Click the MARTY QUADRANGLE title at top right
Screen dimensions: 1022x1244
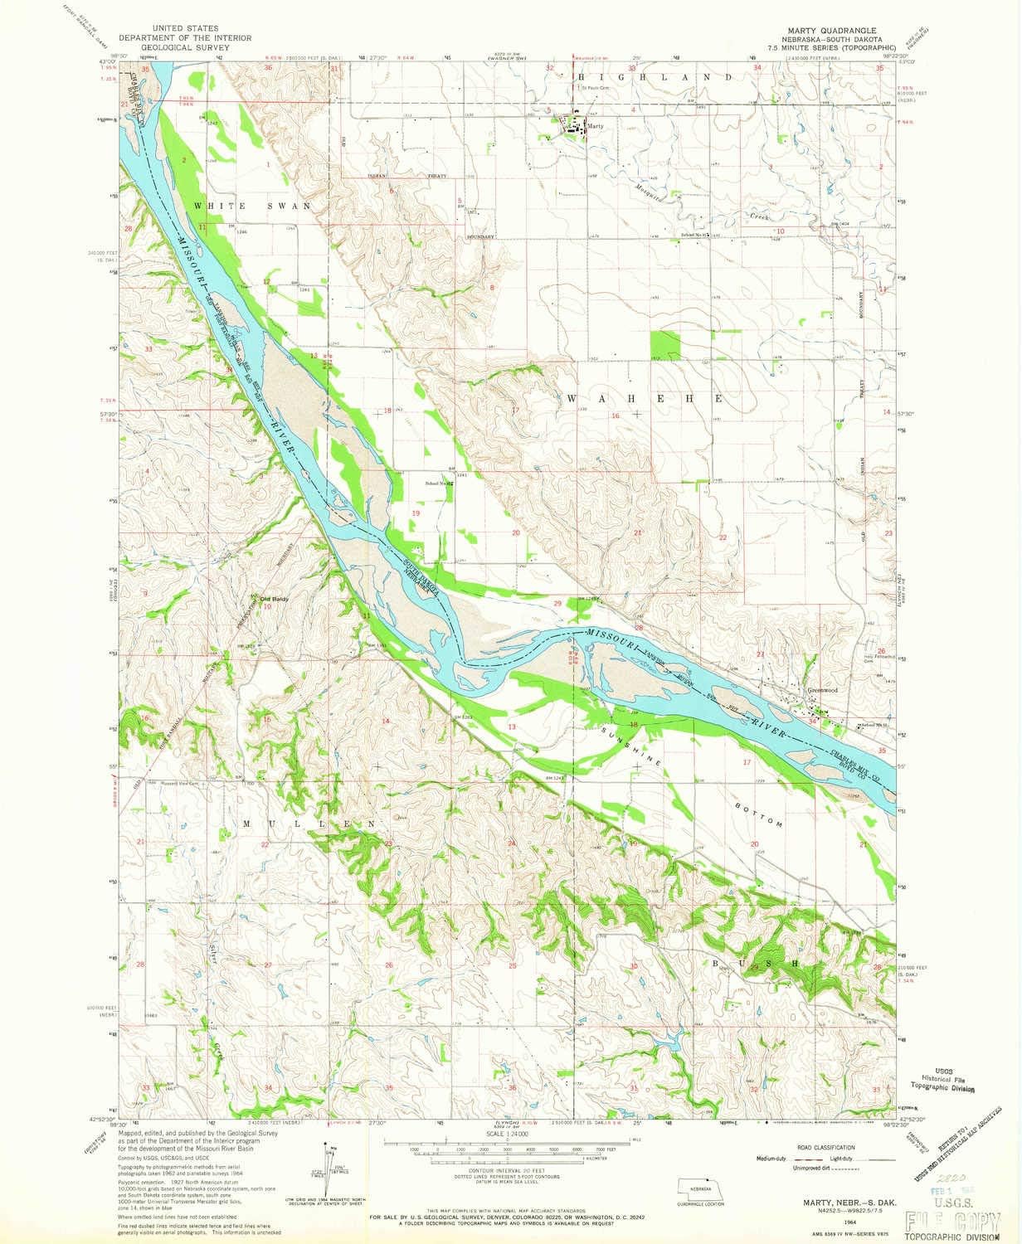pos(817,27)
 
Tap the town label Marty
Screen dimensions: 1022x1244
pos(592,127)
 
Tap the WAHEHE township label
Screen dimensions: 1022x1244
pos(644,398)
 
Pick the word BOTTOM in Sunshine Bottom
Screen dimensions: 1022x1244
pos(759,814)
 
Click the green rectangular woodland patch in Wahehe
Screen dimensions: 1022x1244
pos(664,346)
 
